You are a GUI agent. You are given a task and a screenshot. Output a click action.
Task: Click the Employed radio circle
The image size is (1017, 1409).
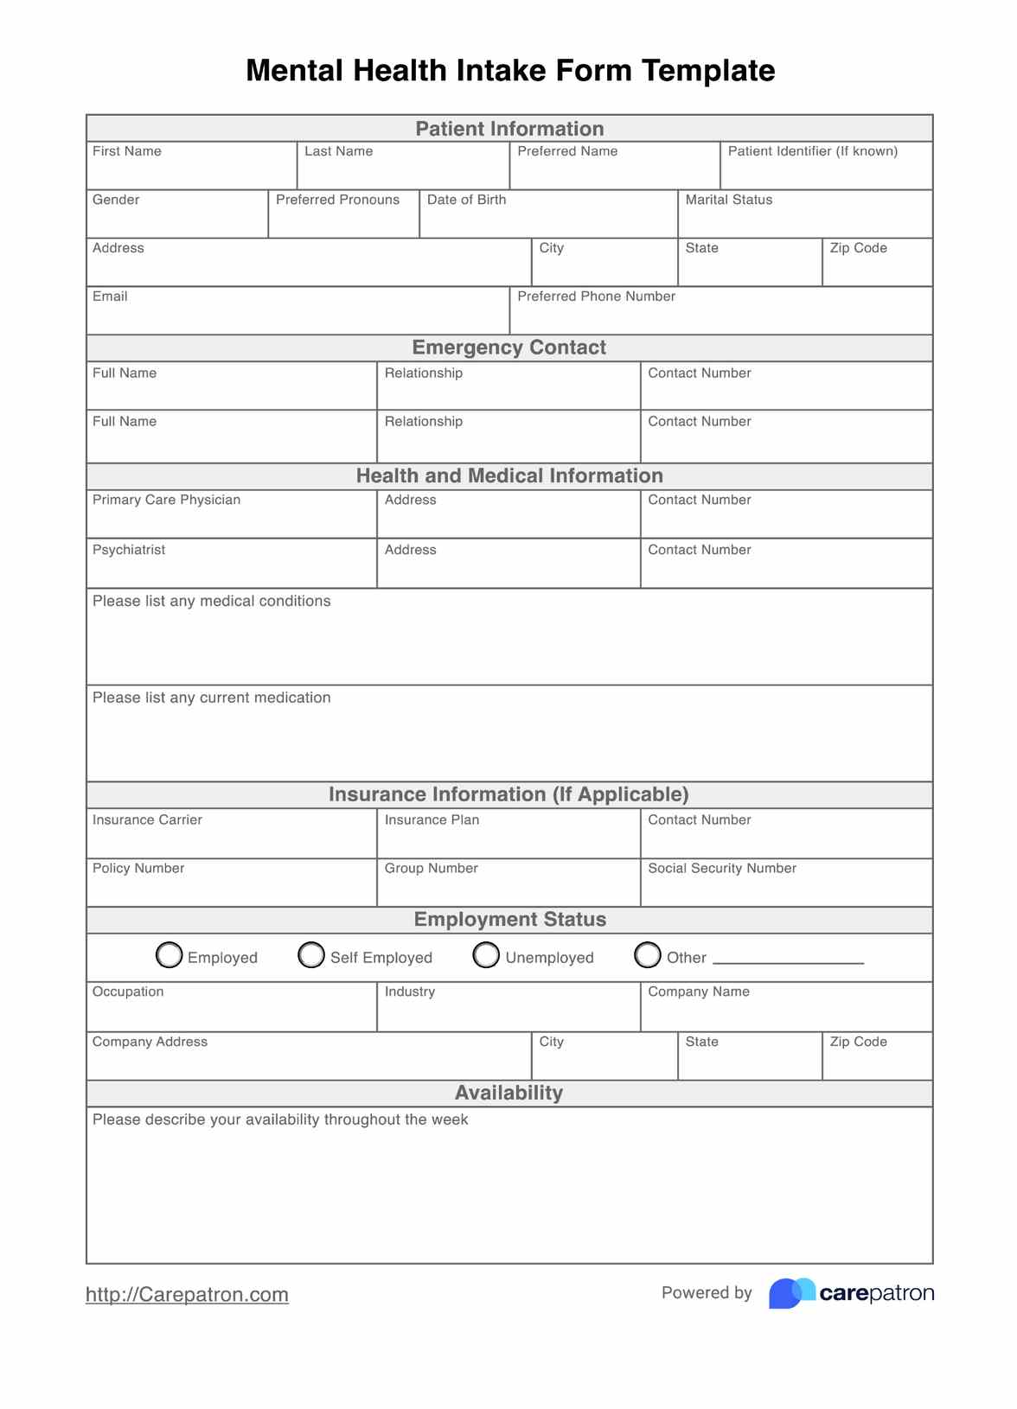[x=169, y=954]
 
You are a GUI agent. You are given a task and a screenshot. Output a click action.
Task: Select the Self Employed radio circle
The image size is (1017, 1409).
[x=311, y=954]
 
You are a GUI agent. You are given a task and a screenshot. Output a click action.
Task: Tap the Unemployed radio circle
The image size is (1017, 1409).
[x=486, y=954]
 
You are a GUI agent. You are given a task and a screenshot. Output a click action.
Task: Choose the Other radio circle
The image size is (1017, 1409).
[x=648, y=954]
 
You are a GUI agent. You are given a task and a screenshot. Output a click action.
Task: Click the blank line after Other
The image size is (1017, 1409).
[x=788, y=960]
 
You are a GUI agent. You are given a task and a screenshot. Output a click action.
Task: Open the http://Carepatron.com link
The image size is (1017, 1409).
[x=187, y=1294]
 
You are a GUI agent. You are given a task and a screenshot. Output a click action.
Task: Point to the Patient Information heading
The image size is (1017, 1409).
[x=509, y=129]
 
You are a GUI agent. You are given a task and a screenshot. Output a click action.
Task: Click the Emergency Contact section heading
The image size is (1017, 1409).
[x=509, y=347]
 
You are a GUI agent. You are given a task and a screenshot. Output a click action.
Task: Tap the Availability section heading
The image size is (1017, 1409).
[x=509, y=1093]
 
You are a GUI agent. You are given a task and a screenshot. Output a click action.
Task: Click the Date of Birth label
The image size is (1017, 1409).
[x=466, y=200]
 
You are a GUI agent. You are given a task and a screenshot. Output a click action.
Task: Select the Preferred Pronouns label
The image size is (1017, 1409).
[x=337, y=200]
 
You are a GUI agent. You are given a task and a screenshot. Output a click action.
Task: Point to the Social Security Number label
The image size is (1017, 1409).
[x=722, y=868]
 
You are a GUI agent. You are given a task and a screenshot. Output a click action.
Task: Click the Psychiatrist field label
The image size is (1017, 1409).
[x=129, y=550]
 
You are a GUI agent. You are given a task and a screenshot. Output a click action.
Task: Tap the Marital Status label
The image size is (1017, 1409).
[x=729, y=200]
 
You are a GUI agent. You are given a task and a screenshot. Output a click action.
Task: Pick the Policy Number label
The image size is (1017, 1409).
[x=138, y=868]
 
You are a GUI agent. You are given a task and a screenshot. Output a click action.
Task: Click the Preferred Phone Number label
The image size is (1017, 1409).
[x=596, y=296]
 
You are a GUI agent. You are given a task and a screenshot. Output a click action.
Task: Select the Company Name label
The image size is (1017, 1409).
[x=699, y=991]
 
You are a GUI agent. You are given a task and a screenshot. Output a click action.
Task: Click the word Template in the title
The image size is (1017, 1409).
[x=708, y=70]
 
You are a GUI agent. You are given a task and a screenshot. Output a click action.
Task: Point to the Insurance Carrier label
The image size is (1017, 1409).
[x=147, y=819]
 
